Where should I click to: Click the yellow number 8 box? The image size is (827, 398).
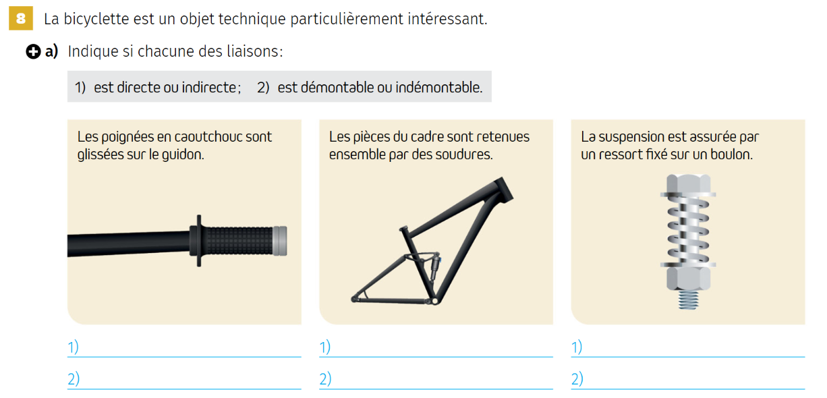pos(21,18)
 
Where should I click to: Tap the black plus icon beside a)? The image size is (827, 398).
pos(33,51)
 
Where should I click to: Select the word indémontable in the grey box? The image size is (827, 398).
pos(439,88)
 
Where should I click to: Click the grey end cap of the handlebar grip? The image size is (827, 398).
pos(279,241)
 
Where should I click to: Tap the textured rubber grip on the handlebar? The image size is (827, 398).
pos(239,241)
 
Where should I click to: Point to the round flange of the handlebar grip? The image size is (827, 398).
pos(198,241)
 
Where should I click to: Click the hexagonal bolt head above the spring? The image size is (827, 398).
pos(688,183)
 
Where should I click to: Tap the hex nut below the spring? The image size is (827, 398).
pos(688,279)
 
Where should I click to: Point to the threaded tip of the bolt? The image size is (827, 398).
pos(688,300)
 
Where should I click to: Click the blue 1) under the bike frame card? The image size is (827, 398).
pos(325,347)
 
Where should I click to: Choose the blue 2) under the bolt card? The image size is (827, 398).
pos(577,379)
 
